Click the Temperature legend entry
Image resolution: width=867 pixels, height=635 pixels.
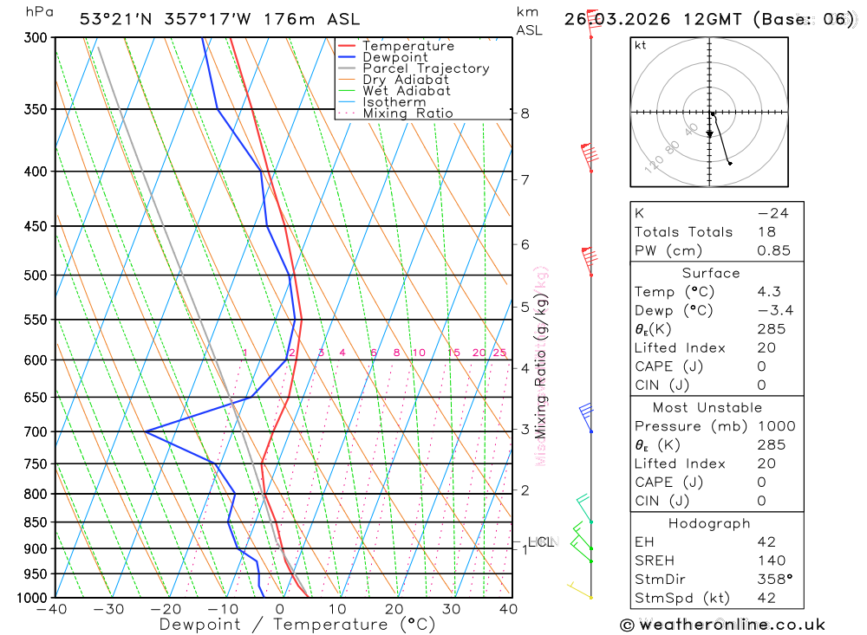tap(407, 46)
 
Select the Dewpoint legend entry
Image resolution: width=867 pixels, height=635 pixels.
tap(394, 57)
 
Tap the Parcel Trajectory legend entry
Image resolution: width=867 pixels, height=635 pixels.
tap(425, 68)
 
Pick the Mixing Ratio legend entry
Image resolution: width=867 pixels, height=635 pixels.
tap(407, 113)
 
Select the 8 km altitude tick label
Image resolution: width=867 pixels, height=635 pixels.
tap(525, 113)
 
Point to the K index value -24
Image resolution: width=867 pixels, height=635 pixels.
tap(772, 213)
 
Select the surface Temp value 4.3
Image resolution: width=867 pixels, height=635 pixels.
tap(768, 292)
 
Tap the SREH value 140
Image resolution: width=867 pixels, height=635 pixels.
tap(768, 560)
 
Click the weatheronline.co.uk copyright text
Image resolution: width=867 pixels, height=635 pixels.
tap(722, 625)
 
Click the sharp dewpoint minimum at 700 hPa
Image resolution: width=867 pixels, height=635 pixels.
tap(146, 431)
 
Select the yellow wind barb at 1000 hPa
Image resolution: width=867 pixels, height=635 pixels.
tap(578, 591)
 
